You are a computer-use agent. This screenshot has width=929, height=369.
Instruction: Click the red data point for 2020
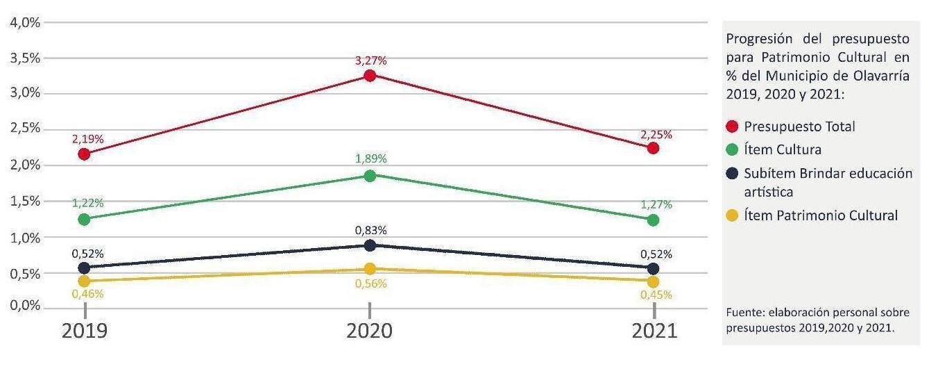click(370, 75)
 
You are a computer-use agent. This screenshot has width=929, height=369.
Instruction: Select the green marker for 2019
click(85, 220)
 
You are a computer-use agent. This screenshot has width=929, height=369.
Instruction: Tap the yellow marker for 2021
click(653, 282)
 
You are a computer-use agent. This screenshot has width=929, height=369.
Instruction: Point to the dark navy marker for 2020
click(370, 245)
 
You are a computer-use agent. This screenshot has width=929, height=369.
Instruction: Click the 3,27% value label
click(370, 60)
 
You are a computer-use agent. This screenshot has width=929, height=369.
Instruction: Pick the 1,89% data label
click(370, 159)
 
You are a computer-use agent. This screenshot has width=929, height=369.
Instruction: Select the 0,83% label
click(370, 230)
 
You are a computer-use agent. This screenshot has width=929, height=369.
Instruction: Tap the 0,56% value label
click(370, 284)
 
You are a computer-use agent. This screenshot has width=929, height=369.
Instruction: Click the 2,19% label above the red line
click(87, 139)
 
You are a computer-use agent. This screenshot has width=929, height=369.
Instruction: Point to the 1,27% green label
click(656, 204)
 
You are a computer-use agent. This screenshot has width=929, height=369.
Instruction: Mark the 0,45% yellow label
click(656, 294)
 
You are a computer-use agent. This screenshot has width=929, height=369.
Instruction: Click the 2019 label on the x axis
click(85, 331)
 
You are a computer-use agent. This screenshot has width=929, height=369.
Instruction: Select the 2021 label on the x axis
click(654, 331)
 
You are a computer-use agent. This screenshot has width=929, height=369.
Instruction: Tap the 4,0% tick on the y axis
click(24, 22)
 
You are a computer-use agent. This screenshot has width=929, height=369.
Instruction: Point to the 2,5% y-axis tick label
click(24, 129)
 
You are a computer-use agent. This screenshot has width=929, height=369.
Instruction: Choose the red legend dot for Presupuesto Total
click(731, 126)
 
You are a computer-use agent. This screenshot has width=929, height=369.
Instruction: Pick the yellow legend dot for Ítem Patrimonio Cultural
click(731, 216)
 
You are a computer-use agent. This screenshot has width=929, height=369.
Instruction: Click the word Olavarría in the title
click(880, 76)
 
